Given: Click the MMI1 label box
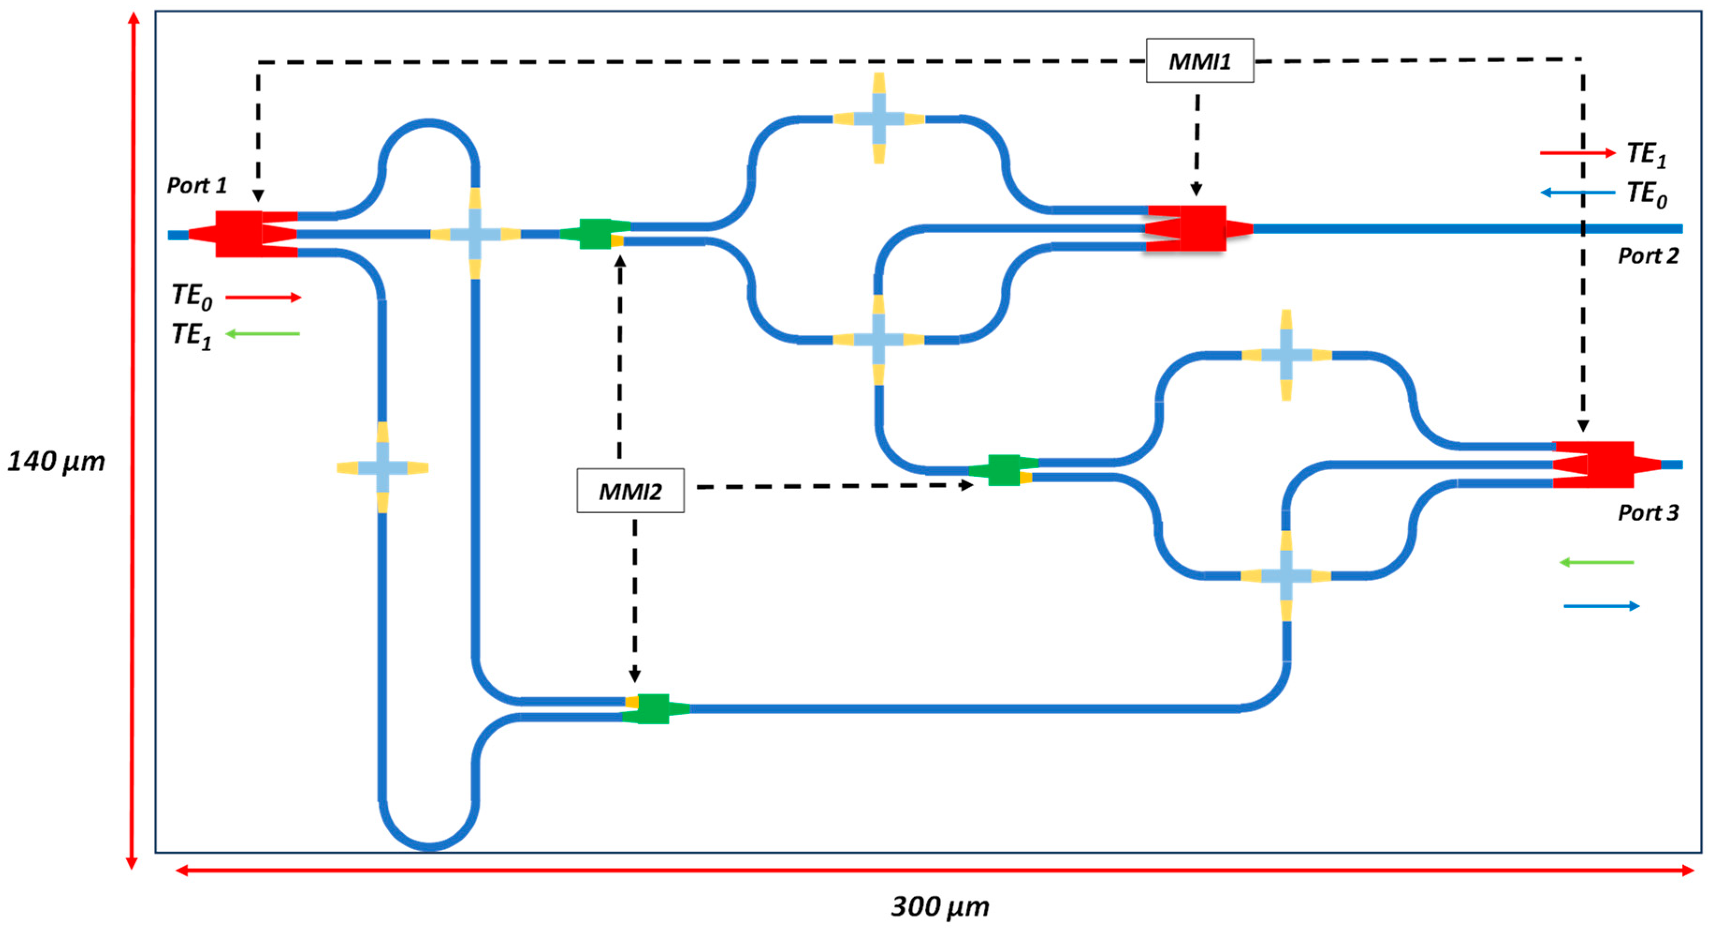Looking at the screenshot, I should point(1199,60).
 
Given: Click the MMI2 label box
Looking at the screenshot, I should point(630,491).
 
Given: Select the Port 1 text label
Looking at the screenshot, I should point(196,185).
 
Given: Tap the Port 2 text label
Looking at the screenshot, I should point(1648,255).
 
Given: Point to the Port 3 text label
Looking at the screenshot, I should point(1648,512).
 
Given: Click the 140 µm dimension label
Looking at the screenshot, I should point(56,461).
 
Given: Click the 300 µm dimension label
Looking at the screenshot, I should point(939,907).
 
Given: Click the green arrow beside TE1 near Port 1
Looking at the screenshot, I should point(262,334).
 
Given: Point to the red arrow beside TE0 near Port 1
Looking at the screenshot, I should point(263,297).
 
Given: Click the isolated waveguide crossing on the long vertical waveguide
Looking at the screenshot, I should point(382,467).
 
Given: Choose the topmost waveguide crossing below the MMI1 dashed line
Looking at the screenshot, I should point(879,118).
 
